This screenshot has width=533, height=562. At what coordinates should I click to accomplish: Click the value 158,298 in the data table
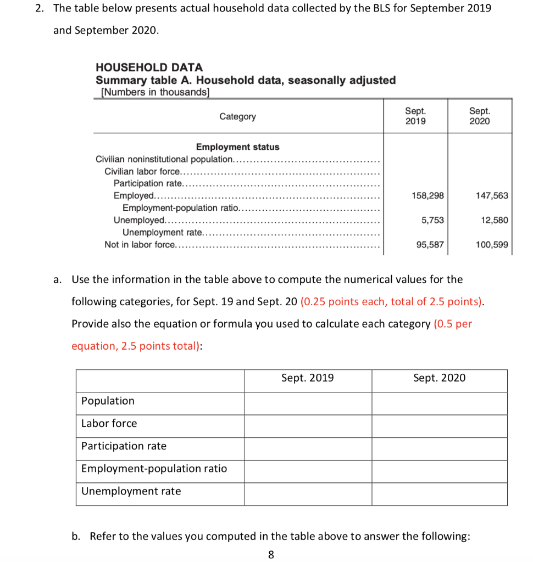click(428, 196)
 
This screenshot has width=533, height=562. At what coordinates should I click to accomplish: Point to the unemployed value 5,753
click(432, 220)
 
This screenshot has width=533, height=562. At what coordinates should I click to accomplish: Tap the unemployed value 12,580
click(494, 220)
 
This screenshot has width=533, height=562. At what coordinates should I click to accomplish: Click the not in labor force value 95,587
click(430, 245)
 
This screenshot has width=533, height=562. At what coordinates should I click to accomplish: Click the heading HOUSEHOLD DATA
click(149, 68)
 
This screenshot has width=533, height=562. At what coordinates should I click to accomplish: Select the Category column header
click(237, 116)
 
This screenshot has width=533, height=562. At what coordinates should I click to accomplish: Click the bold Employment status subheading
click(237, 147)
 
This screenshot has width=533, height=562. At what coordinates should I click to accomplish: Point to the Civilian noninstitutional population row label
click(165, 159)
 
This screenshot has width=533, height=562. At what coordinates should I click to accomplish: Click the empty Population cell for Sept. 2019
click(308, 403)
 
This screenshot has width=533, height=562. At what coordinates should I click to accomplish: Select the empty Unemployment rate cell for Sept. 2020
click(439, 494)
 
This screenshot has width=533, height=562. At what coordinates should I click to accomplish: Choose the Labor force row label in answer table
click(109, 423)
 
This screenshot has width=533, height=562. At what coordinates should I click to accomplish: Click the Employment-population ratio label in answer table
click(154, 468)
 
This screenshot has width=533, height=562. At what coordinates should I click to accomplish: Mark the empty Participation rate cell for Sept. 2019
click(308, 448)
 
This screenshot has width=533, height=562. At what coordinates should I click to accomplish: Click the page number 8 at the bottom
click(271, 554)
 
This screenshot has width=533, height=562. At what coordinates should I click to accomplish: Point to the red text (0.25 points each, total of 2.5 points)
click(392, 302)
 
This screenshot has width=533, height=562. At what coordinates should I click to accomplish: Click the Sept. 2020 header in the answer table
click(439, 378)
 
